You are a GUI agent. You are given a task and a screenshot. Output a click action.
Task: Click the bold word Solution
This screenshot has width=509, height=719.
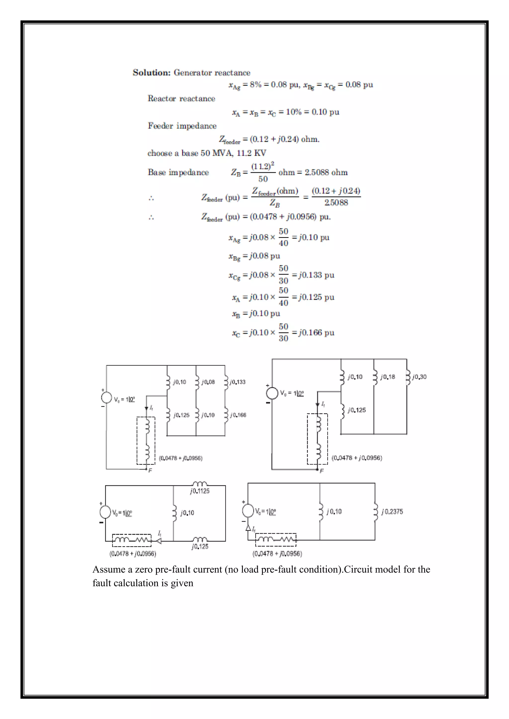point(151,73)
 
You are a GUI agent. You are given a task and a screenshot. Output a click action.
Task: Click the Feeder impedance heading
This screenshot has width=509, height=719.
point(182,126)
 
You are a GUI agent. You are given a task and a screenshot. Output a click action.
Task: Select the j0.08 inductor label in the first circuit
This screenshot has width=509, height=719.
point(208,382)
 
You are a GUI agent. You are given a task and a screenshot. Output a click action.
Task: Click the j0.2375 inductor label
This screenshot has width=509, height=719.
point(392,512)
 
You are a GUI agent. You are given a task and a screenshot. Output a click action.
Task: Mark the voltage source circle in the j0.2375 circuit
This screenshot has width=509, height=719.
point(248,511)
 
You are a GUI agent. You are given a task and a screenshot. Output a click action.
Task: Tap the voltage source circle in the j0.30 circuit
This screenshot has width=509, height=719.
point(272,393)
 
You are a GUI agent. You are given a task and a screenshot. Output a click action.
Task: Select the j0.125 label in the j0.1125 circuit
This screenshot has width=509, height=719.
point(200,546)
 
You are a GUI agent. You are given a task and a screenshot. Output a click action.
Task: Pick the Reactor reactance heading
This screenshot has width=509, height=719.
point(181,99)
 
